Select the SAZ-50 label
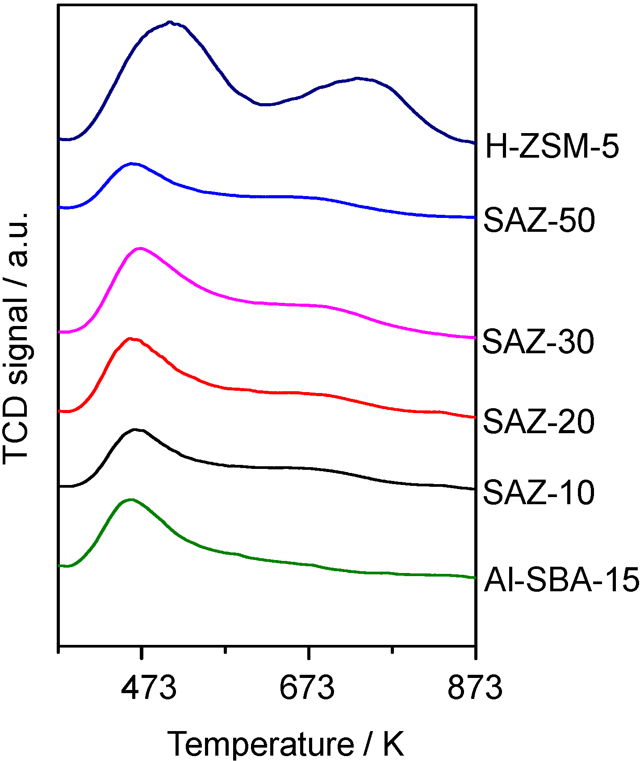(x=539, y=221)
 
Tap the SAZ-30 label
(x=538, y=342)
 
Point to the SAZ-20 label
(x=539, y=421)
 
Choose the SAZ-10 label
(x=539, y=493)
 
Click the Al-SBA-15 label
(x=561, y=581)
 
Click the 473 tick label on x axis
(x=149, y=688)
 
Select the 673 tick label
(x=307, y=688)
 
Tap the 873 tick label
(x=475, y=688)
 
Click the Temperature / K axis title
(x=286, y=744)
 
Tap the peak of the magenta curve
(x=141, y=248)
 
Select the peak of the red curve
(x=130, y=339)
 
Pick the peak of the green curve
(x=130, y=499)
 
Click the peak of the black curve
(x=135, y=429)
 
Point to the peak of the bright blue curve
(x=132, y=163)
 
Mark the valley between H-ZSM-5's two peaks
(x=264, y=105)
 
